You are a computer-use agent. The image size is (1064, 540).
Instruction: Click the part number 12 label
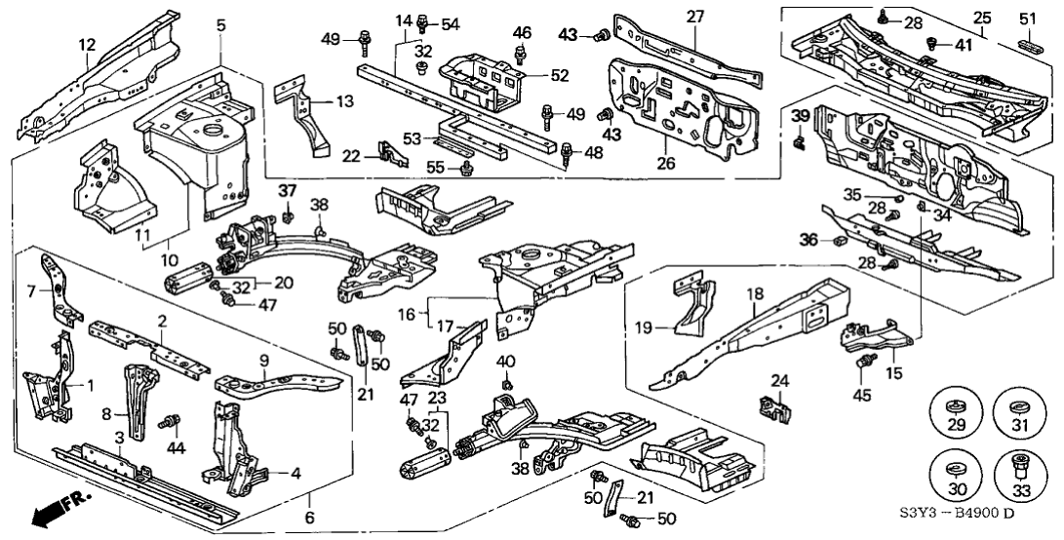(88, 43)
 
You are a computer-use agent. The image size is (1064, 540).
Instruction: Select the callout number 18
(754, 291)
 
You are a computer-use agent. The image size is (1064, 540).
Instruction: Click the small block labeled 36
(838, 239)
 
